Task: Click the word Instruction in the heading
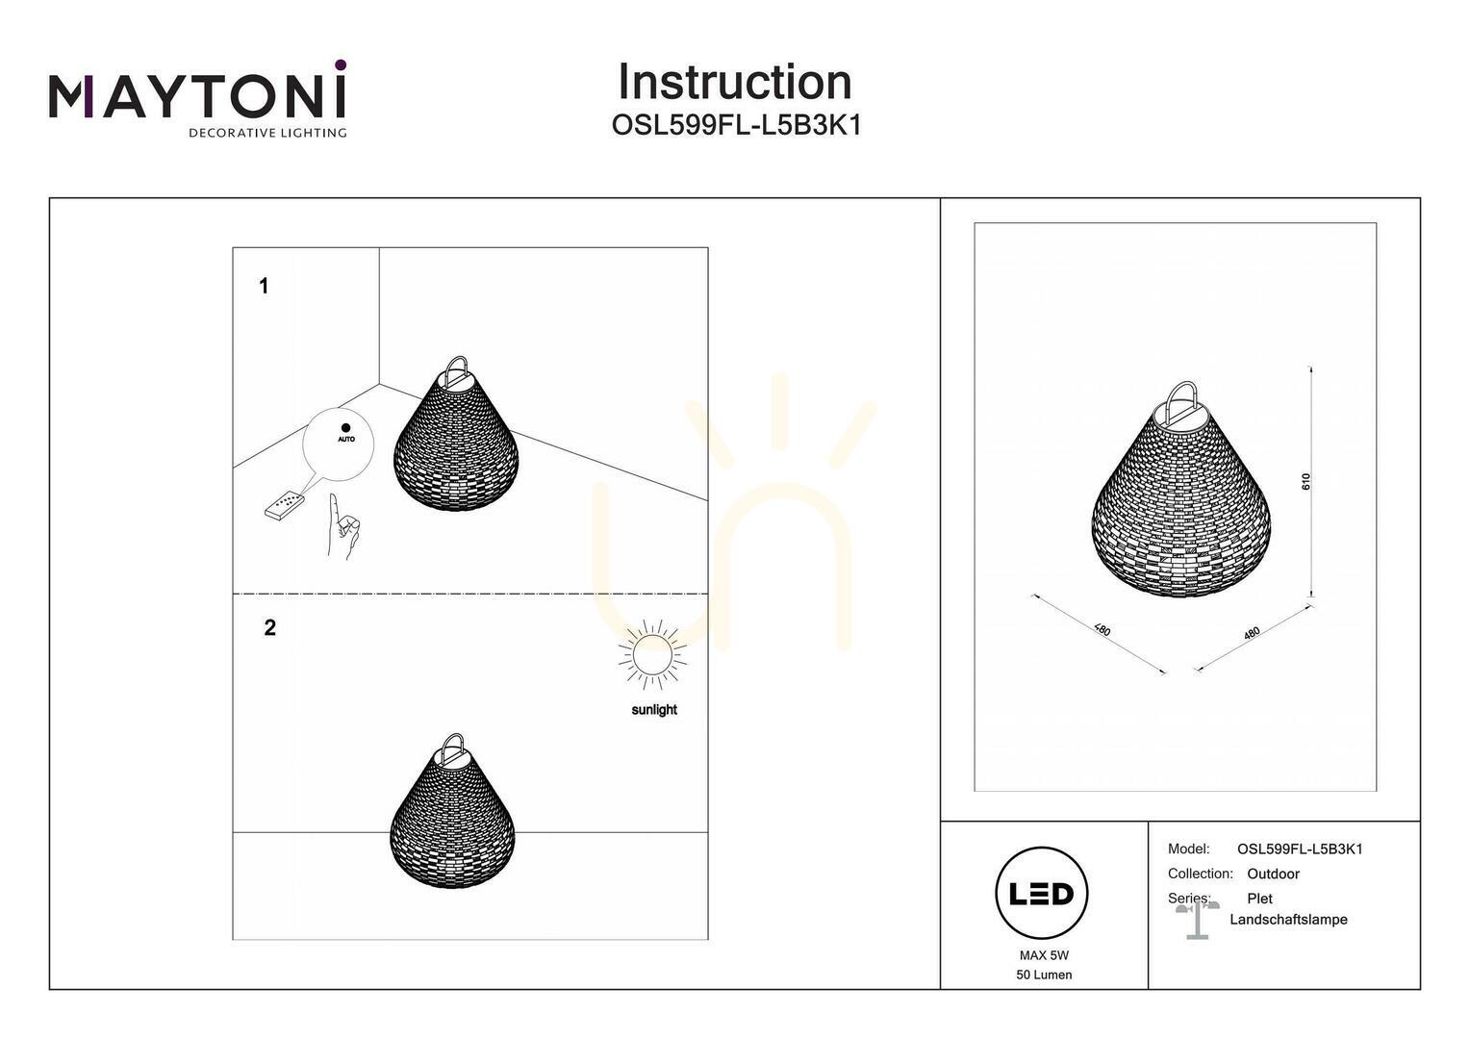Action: click(735, 82)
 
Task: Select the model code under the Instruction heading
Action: click(736, 125)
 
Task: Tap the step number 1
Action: click(264, 286)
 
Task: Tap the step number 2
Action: click(269, 627)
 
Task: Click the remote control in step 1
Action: click(284, 505)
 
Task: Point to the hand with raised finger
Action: click(342, 527)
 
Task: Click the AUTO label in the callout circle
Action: click(346, 439)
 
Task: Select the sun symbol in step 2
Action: click(653, 654)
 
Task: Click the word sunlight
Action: click(654, 710)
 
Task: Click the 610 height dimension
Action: click(1305, 481)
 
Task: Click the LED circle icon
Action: click(1042, 893)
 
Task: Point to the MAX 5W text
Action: click(1044, 955)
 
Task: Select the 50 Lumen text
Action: click(1044, 975)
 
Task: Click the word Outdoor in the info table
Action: click(1273, 874)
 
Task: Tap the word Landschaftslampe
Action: click(1288, 920)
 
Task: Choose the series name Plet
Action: click(1259, 899)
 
